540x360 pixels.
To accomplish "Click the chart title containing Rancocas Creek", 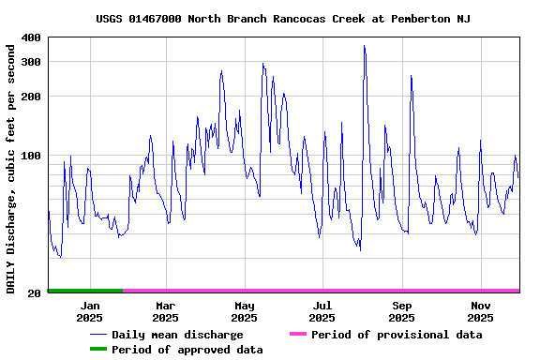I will click(283, 19).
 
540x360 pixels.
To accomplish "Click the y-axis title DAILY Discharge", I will click(11, 167).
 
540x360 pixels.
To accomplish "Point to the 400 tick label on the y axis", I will click(31, 37).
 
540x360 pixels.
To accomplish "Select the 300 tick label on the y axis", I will click(31, 62).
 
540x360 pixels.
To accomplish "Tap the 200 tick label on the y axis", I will click(31, 97).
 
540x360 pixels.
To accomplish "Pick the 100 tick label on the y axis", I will click(31, 156).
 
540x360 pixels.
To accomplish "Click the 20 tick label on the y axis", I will click(35, 293).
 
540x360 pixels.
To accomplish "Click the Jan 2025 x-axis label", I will click(90, 311).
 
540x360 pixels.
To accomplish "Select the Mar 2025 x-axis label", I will click(165, 311).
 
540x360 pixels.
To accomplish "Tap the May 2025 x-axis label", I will click(244, 311).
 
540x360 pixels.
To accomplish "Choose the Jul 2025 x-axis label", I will click(322, 311).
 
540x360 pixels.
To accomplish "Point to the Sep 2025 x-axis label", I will click(401, 311).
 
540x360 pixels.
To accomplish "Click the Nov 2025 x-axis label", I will click(480, 311).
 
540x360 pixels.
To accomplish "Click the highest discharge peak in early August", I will click(364, 47).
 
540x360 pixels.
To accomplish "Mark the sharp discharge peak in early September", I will click(411, 77).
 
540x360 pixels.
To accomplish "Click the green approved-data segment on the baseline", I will click(85, 291).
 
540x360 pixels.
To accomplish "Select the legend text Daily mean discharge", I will click(177, 335).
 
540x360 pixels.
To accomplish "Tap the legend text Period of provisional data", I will click(397, 335).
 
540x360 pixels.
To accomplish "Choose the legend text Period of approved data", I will click(187, 350).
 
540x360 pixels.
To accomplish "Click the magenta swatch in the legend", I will click(298, 335).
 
